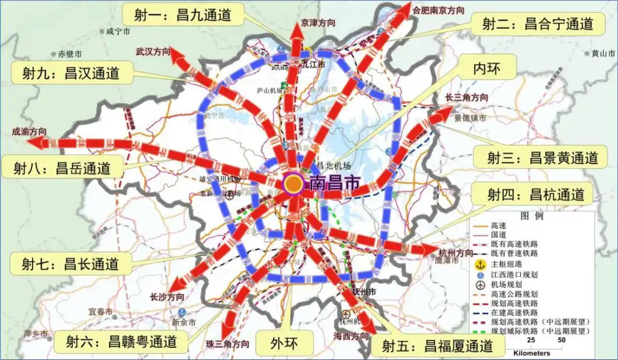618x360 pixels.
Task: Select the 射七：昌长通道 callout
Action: [70, 264]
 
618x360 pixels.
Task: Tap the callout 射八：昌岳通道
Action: [62, 168]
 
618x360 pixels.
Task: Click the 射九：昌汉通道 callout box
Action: [71, 73]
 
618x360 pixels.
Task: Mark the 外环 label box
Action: [284, 342]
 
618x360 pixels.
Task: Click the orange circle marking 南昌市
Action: [294, 184]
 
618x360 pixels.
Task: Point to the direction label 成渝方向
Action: [29, 131]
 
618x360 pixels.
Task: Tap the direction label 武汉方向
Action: [153, 52]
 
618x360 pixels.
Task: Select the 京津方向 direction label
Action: [318, 23]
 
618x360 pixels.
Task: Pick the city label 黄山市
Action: [603, 53]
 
